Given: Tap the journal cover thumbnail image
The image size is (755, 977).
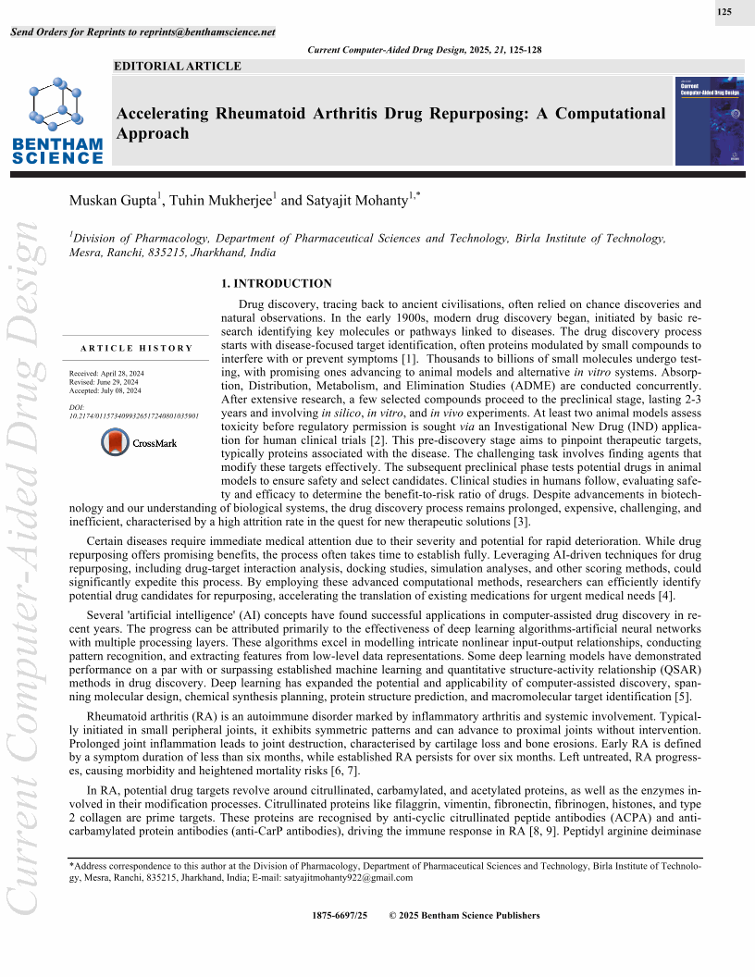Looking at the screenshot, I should (x=710, y=121).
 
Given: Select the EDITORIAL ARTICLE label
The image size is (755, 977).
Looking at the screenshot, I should (x=177, y=67).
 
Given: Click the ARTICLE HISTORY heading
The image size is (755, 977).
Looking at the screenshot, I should (x=136, y=348).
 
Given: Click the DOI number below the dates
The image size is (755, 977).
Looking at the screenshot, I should (x=134, y=417).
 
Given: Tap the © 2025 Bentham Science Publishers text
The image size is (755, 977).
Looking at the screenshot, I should (x=464, y=915).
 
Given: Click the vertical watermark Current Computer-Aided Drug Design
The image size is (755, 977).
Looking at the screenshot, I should (x=24, y=592).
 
